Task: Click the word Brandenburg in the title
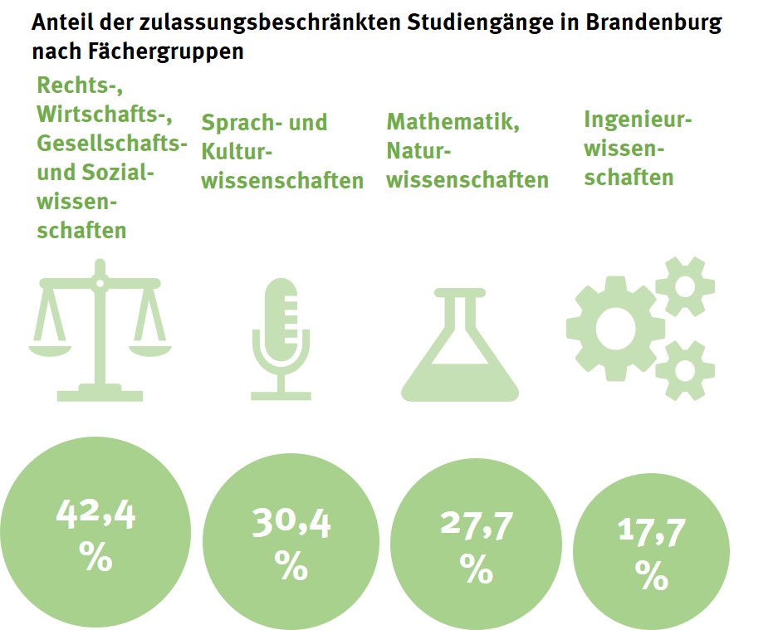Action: pyautogui.click(x=653, y=22)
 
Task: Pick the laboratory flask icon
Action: pyautogui.click(x=460, y=342)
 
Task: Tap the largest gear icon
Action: pyautogui.click(x=614, y=327)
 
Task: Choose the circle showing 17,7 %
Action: pyautogui.click(x=651, y=553)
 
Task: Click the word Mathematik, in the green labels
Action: pyautogui.click(x=453, y=121)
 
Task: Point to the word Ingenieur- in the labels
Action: pyautogui.click(x=638, y=119)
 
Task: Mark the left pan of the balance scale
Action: pyautogui.click(x=51, y=345)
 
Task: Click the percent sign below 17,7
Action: pyautogui.click(x=651, y=575)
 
